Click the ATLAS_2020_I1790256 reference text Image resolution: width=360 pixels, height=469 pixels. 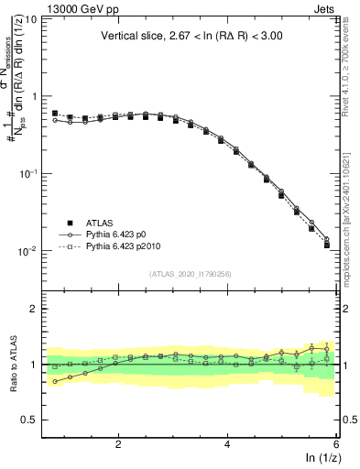pos(191,273)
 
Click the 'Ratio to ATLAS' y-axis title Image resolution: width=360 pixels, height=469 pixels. pos(13,365)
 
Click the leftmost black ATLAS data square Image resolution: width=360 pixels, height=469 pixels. pos(55,114)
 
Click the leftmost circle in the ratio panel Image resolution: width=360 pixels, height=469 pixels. pos(55,381)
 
